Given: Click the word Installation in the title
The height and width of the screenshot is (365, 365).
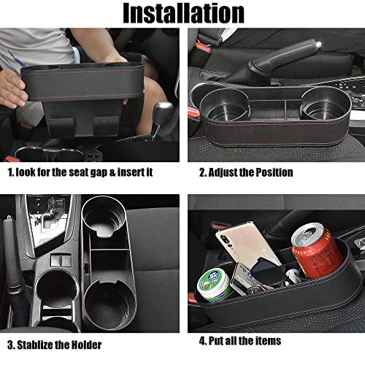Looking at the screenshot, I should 182,12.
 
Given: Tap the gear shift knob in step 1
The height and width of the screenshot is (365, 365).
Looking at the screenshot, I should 165,111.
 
